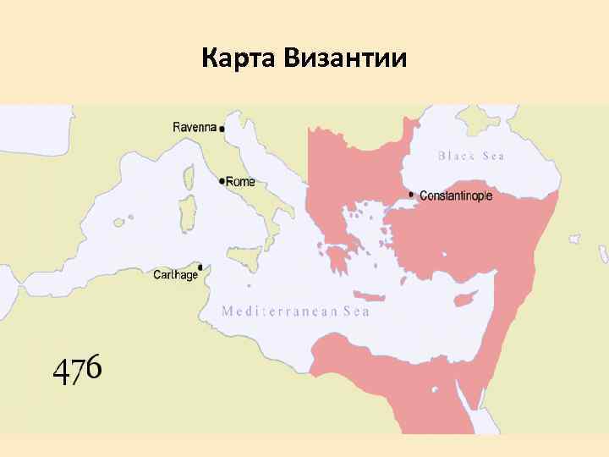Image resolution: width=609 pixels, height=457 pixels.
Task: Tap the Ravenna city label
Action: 195,127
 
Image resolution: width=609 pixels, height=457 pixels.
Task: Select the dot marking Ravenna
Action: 222,129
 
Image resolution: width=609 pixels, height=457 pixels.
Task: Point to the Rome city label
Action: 242,181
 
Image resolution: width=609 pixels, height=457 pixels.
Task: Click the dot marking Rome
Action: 222,181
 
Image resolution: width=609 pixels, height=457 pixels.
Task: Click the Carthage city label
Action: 175,275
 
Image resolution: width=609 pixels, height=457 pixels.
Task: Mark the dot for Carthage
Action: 200,265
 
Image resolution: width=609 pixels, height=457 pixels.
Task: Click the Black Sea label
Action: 471,156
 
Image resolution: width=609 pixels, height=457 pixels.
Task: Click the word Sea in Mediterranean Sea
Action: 356,311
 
